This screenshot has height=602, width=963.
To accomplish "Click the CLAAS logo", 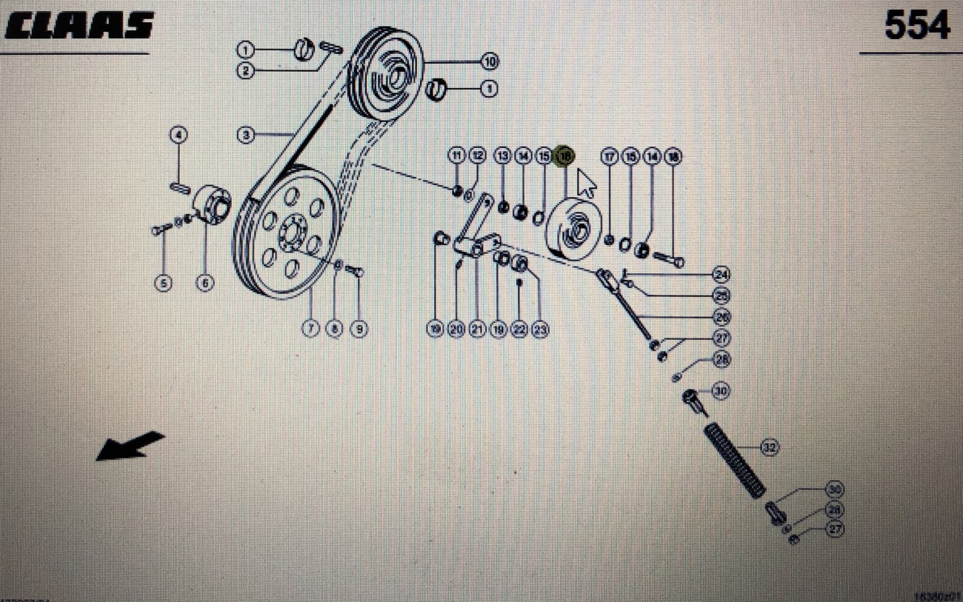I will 79,26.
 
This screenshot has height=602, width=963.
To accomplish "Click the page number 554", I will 917,27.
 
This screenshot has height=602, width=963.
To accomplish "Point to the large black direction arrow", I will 130,445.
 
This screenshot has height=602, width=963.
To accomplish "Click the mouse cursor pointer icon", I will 586,183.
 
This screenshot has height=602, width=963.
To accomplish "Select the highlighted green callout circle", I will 565,156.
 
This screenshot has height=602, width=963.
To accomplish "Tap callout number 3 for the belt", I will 246,136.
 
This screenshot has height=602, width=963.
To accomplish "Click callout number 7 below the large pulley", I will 311,328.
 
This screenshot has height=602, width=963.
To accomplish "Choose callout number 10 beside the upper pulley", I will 489,61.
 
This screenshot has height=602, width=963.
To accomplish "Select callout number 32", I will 770,447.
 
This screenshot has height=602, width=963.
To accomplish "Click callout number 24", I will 721,275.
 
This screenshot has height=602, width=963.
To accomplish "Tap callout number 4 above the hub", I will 179,136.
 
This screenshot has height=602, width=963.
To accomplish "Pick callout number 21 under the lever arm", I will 477,329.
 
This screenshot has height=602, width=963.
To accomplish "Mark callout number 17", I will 609,156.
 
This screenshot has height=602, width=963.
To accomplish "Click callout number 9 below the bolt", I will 359,328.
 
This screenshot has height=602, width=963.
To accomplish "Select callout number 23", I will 540,329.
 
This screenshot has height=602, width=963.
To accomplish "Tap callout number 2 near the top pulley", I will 246,72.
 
